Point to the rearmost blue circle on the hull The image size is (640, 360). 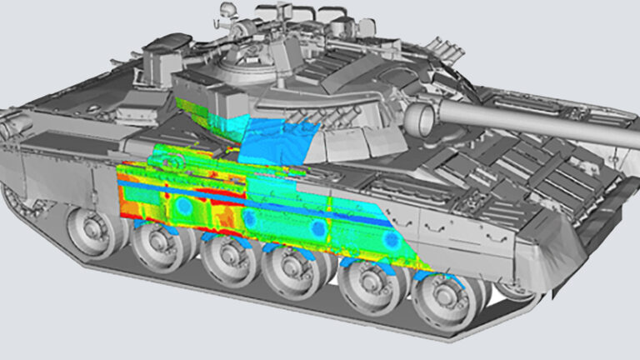coord(182,204)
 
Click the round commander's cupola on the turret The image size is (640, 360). coord(242,62)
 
